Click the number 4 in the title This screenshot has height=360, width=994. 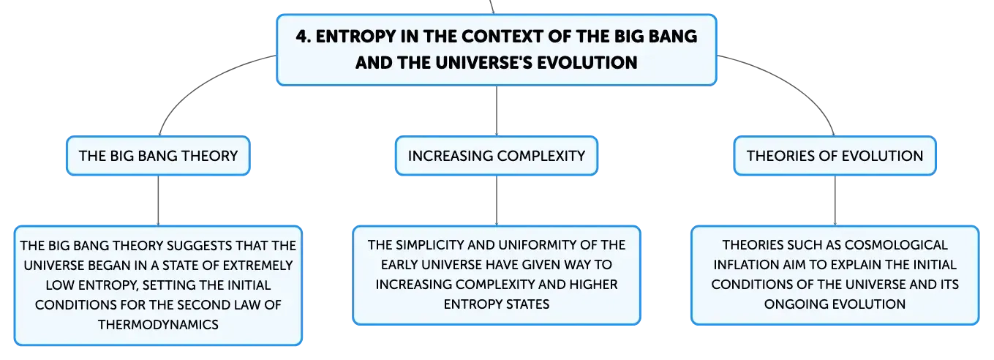[302, 37]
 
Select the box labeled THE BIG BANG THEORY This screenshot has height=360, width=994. [159, 156]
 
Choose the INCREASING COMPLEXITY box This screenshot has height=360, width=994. [497, 156]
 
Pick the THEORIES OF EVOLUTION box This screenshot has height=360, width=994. [835, 156]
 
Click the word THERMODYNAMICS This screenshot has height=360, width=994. [159, 324]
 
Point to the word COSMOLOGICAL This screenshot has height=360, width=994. [896, 245]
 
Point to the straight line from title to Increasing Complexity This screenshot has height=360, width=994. [497, 111]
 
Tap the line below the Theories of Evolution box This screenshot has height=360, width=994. [835, 200]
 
